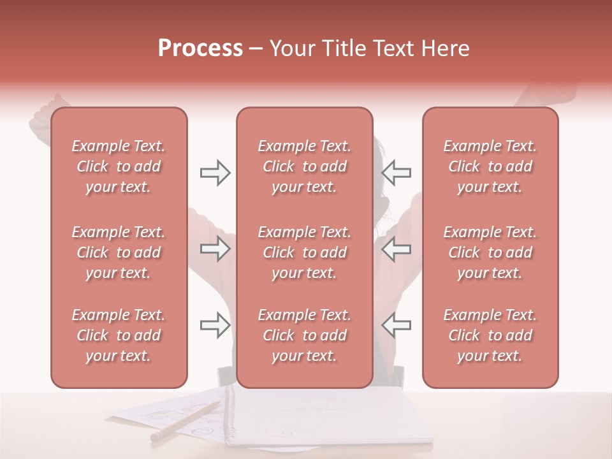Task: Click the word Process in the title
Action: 200,48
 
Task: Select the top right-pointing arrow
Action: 215,173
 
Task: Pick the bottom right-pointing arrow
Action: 215,325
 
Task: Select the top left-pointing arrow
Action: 396,173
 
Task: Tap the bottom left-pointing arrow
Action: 396,325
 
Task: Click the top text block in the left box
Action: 119,166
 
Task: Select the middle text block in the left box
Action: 119,252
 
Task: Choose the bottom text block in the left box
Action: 119,335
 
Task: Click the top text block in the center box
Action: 305,166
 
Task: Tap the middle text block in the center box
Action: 305,252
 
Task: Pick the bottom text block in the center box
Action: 305,335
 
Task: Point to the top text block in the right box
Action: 490,166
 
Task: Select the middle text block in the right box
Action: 490,252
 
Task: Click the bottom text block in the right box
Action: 490,335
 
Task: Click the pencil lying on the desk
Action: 185,421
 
